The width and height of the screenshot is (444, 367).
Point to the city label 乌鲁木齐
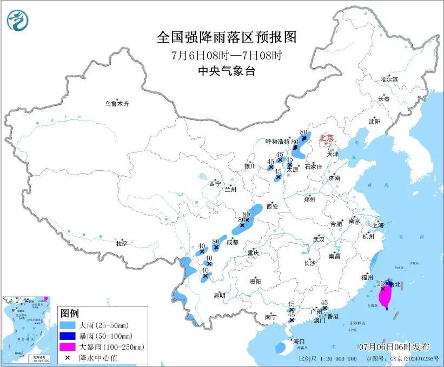[x=117, y=103]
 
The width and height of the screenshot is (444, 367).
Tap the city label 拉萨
[x=122, y=244]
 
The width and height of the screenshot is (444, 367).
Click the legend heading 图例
[x=70, y=314]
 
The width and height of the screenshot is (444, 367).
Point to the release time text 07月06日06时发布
[x=394, y=346]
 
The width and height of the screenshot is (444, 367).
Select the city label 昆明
[x=219, y=295]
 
